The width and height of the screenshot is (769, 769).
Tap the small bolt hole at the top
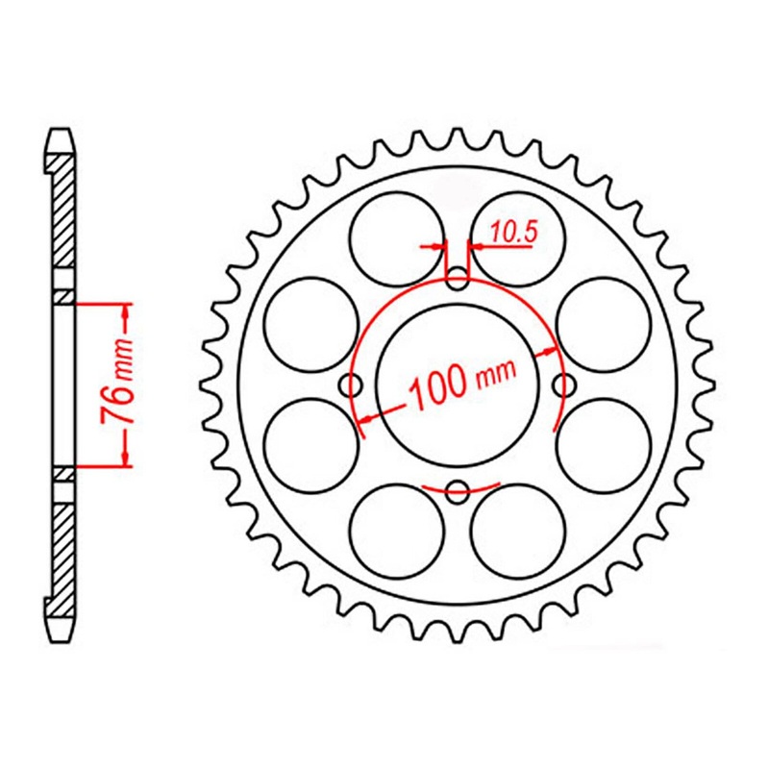point(459,281)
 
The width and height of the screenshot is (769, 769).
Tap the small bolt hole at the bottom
point(459,488)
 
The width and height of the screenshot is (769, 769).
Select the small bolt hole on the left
point(354,385)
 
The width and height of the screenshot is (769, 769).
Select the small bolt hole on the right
point(563,385)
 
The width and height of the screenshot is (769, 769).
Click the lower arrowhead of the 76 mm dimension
point(125,460)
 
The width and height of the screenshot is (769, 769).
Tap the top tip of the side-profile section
point(60,135)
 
